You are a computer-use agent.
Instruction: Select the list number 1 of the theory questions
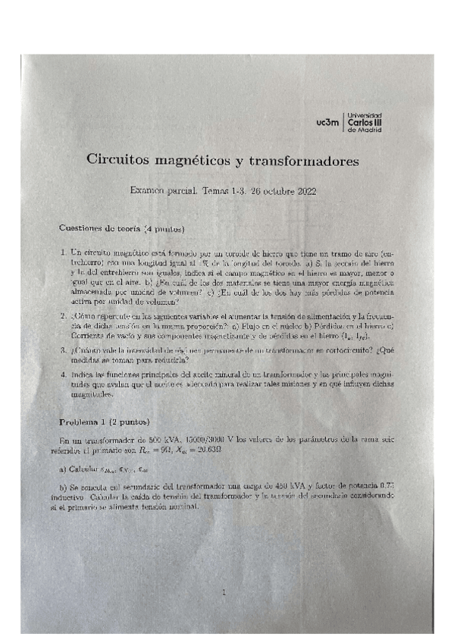click(x=62, y=251)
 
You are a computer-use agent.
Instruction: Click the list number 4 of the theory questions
click(x=62, y=375)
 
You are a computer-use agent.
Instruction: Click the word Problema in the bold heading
click(x=81, y=421)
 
